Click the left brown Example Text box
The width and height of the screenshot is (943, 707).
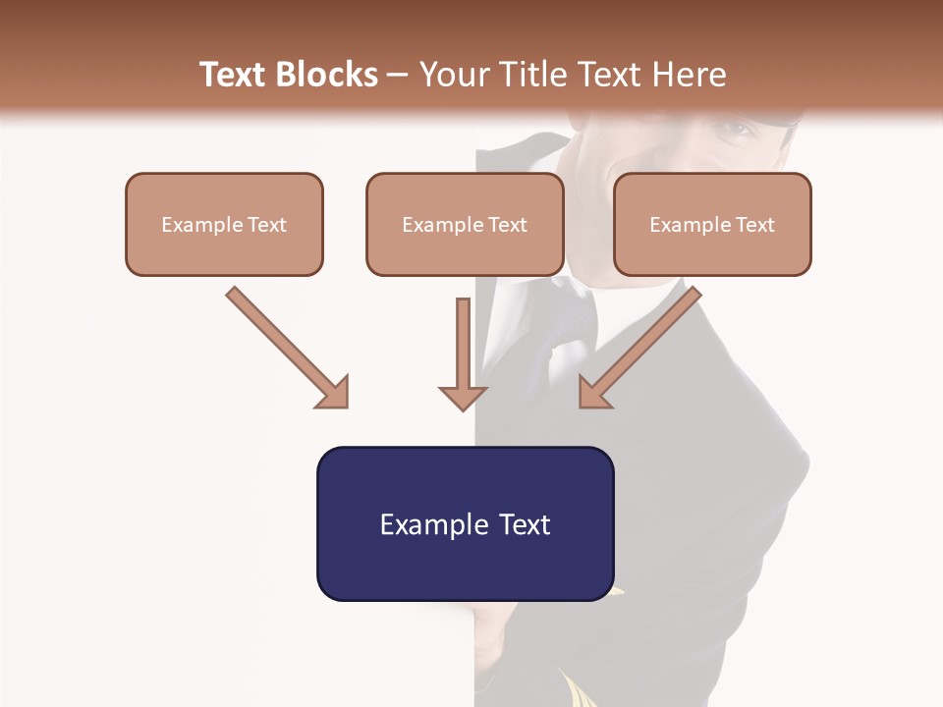pyautogui.click(x=224, y=224)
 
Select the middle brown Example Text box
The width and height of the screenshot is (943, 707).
pyautogui.click(x=465, y=224)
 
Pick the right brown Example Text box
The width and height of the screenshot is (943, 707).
pyautogui.click(x=712, y=224)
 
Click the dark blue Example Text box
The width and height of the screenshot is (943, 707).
pyautogui.click(x=465, y=523)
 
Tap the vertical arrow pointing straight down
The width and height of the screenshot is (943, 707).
pyautogui.click(x=463, y=344)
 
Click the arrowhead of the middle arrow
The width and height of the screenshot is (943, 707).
pyautogui.click(x=463, y=398)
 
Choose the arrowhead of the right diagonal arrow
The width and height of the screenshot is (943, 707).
pyautogui.click(x=592, y=392)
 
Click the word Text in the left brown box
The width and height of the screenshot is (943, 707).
pyautogui.click(x=267, y=224)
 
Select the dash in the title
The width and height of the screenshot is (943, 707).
pyautogui.click(x=398, y=75)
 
